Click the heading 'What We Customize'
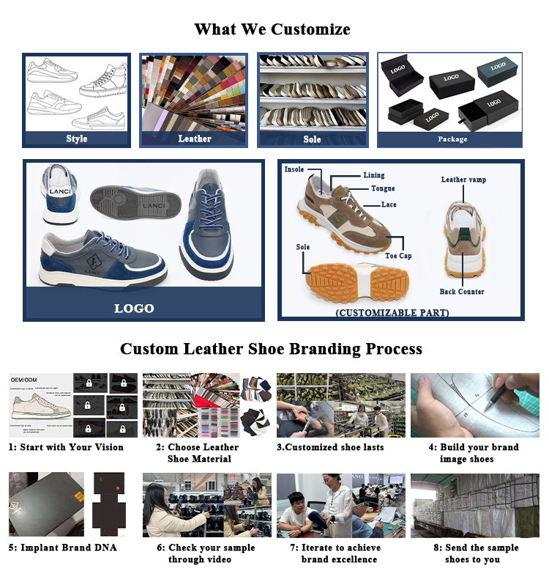[272, 29]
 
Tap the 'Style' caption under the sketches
[76, 139]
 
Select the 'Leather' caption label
[195, 139]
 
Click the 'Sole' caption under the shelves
[313, 139]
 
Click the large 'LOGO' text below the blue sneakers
[135, 309]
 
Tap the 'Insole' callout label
[294, 169]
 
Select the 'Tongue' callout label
[383, 189]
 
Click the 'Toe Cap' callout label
[399, 256]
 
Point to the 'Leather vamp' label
[463, 180]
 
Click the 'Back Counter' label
[462, 292]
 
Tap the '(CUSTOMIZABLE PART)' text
[392, 313]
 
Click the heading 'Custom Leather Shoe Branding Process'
[272, 348]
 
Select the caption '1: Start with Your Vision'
[66, 447]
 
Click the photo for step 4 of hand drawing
[475, 405]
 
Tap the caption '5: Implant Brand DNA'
[64, 548]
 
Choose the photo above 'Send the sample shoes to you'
[475, 505]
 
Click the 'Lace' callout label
[389, 205]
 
